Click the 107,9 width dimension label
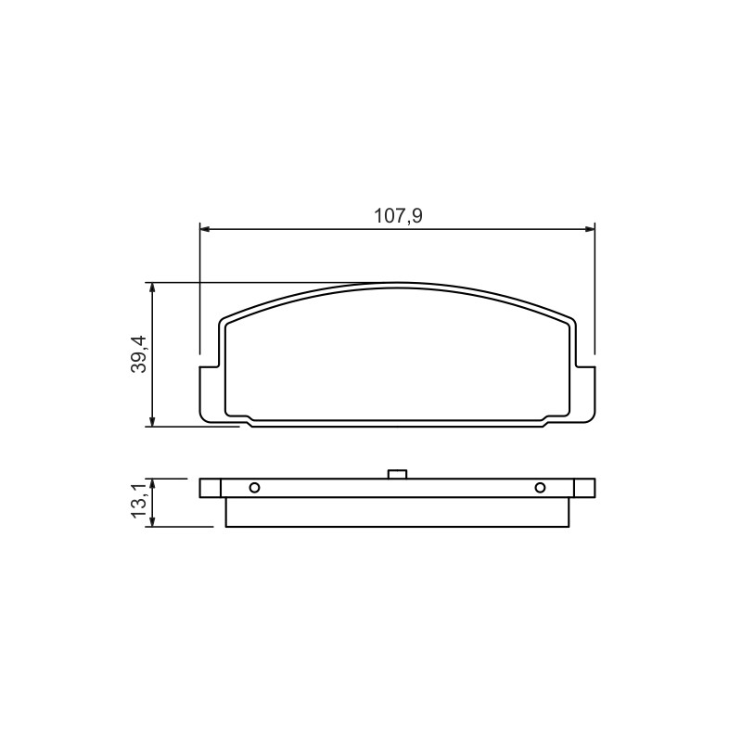(x=398, y=216)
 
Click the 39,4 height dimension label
(x=140, y=354)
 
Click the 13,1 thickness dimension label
(x=140, y=502)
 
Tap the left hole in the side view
(x=254, y=488)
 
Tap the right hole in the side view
(x=540, y=488)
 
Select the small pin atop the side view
(x=397, y=474)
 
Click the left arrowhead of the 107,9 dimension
(x=204, y=229)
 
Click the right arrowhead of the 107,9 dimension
(x=590, y=229)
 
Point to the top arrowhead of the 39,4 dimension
(x=152, y=288)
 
